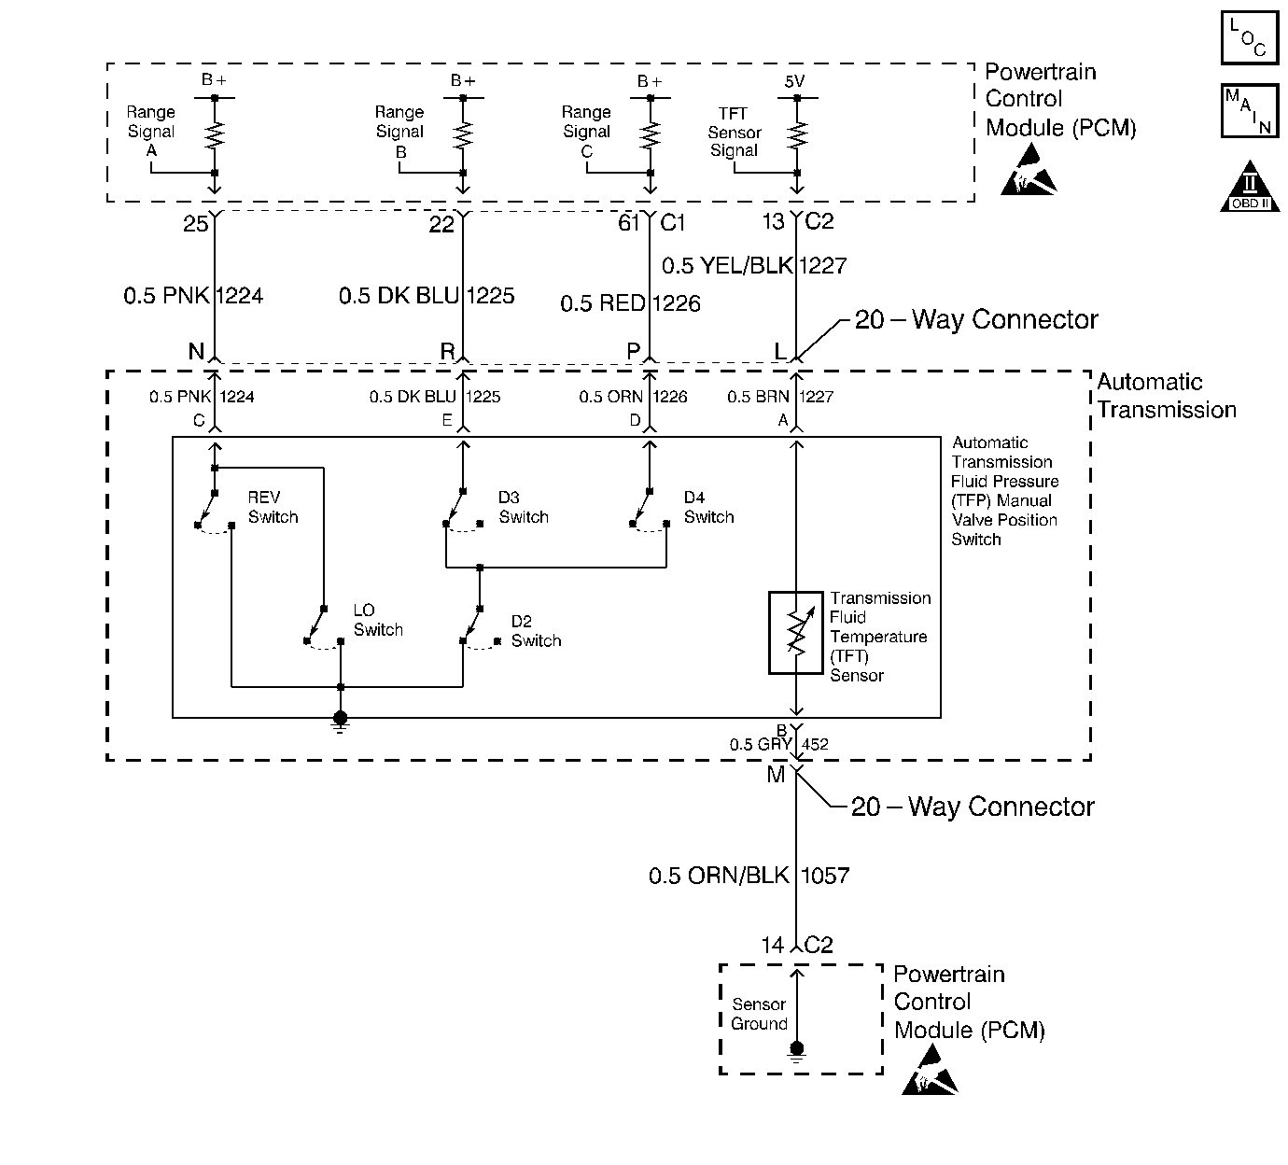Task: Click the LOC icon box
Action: pyautogui.click(x=1250, y=37)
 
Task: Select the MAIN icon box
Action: pyautogui.click(x=1250, y=110)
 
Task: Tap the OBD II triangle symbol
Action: pyautogui.click(x=1250, y=187)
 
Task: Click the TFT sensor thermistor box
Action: pyautogui.click(x=795, y=633)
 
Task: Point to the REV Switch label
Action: pyautogui.click(x=273, y=507)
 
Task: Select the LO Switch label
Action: pyautogui.click(x=378, y=620)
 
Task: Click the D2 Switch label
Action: pyautogui.click(x=536, y=631)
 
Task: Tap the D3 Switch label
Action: pyautogui.click(x=524, y=507)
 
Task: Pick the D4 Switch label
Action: pyautogui.click(x=708, y=507)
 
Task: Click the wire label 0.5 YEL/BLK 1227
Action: pyautogui.click(x=754, y=265)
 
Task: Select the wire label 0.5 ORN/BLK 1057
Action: pyautogui.click(x=749, y=876)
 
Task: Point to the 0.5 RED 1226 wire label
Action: pyautogui.click(x=630, y=303)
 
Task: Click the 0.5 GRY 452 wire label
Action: pyautogui.click(x=778, y=744)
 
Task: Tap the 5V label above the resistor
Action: pyautogui.click(x=795, y=81)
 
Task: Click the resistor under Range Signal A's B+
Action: pyautogui.click(x=215, y=135)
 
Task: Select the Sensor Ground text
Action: pyautogui.click(x=759, y=1014)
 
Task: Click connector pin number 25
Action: pyautogui.click(x=195, y=223)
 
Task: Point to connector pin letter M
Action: pyautogui.click(x=777, y=775)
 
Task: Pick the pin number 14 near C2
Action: pyautogui.click(x=773, y=946)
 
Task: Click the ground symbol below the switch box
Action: pyautogui.click(x=341, y=722)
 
